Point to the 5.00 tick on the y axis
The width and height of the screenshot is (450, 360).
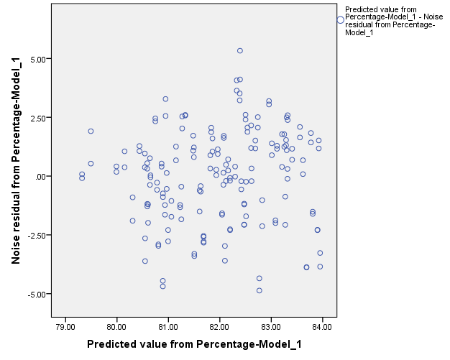click(40, 58)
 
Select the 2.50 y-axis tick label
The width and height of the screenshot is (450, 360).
click(40, 117)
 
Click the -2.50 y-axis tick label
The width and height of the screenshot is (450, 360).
click(38, 235)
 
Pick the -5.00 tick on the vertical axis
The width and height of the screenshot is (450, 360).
click(38, 294)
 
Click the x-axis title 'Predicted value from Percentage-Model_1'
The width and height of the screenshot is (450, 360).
click(194, 345)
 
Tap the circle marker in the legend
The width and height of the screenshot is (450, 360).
click(340, 20)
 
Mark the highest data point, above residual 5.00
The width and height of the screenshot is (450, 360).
click(240, 51)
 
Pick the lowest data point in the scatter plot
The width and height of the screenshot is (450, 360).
click(260, 290)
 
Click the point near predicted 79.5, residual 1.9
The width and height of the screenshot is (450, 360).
click(91, 131)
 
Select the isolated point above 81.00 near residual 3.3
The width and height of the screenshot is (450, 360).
click(165, 99)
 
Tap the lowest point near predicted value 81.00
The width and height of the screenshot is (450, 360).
click(162, 286)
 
